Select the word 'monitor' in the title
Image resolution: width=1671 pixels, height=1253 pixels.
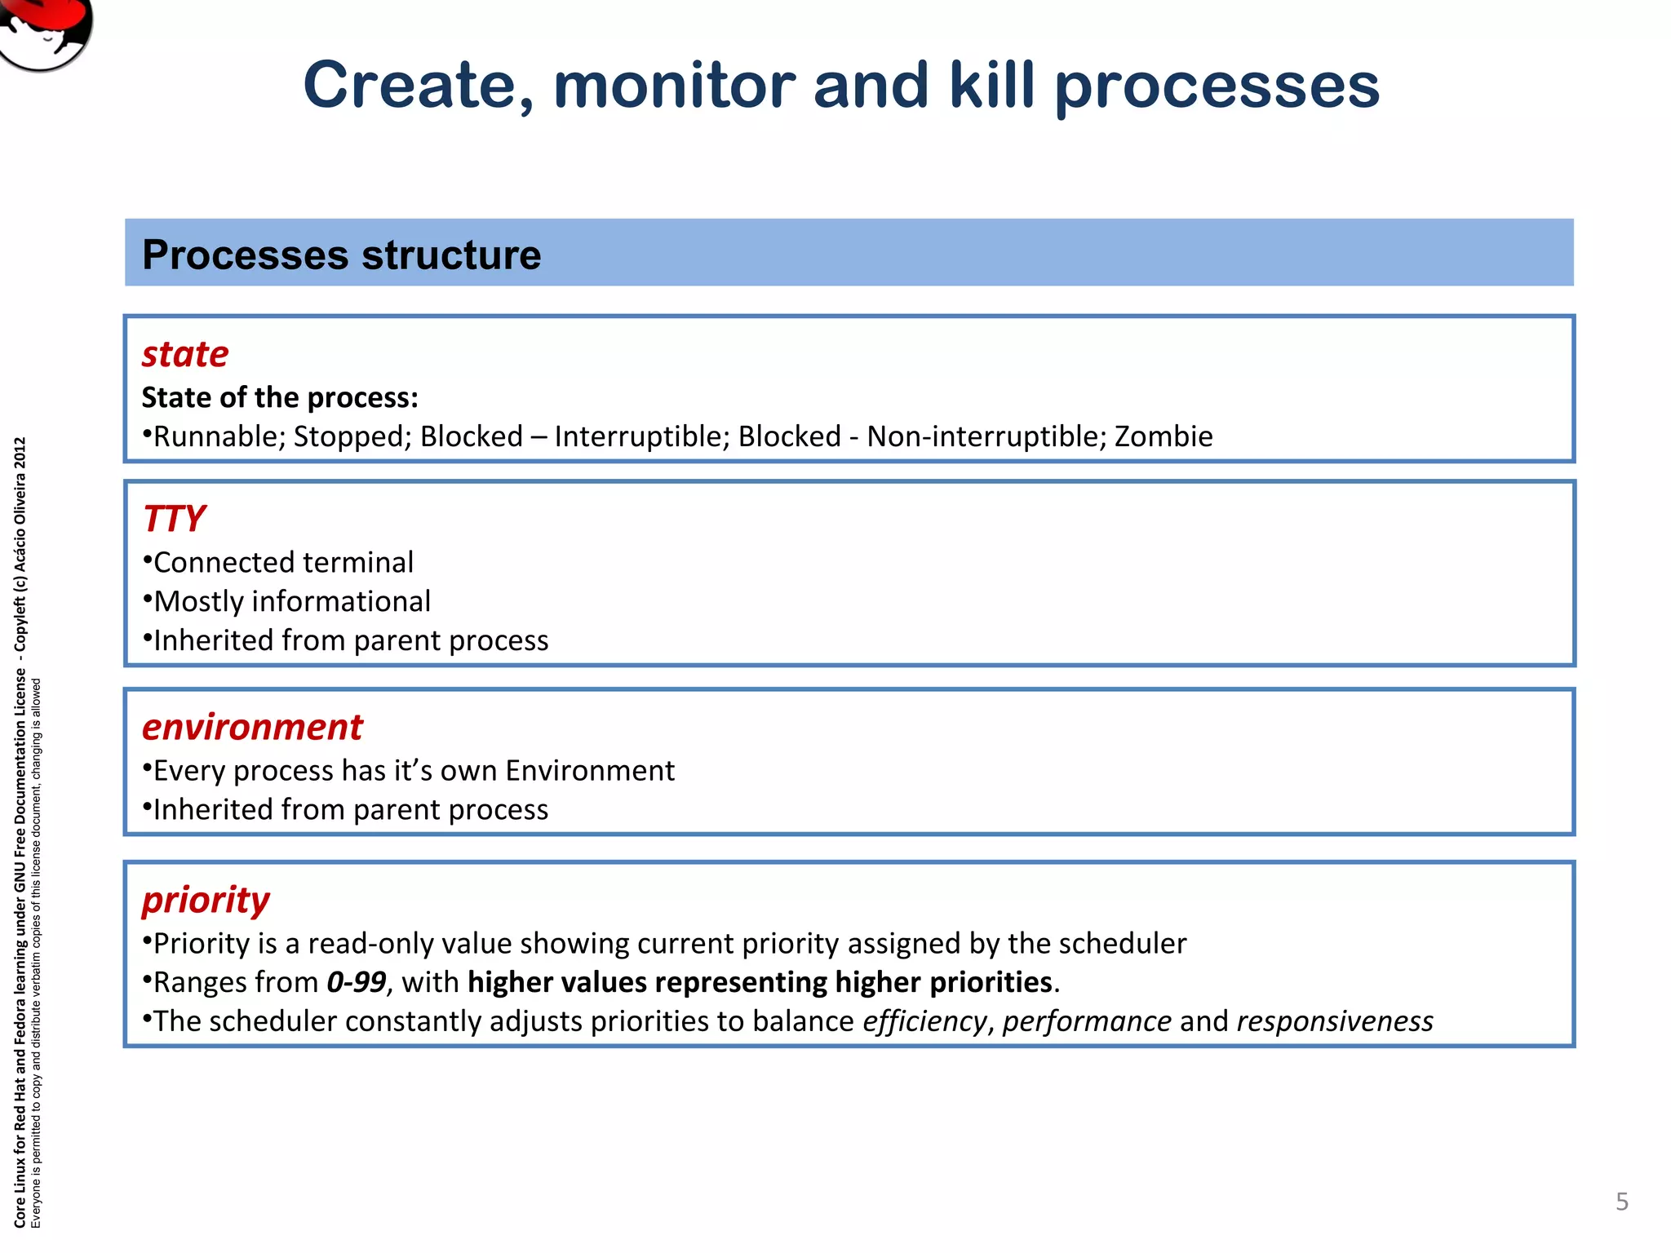(x=674, y=85)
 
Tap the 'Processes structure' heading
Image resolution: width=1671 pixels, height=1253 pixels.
(x=341, y=255)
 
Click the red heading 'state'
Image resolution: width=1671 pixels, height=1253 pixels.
(x=185, y=354)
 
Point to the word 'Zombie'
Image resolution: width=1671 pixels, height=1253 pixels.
(x=1163, y=436)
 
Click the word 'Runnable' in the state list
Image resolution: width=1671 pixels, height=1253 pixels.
(x=219, y=436)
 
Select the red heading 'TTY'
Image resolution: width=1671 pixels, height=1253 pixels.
(x=174, y=519)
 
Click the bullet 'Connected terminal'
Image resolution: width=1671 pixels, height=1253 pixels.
(x=283, y=562)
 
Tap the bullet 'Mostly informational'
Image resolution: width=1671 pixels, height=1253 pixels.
(x=291, y=601)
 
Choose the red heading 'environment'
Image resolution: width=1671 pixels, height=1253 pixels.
(x=252, y=727)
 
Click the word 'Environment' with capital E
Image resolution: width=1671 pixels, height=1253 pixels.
(x=589, y=770)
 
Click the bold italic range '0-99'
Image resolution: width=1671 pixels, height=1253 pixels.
(x=356, y=982)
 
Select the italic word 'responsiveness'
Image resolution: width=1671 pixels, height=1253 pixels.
(x=1334, y=1021)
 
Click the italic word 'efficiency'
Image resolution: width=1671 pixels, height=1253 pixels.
(x=924, y=1021)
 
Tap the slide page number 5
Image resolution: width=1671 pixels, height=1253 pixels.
(x=1621, y=1201)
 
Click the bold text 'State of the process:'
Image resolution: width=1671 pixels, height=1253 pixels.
(x=280, y=397)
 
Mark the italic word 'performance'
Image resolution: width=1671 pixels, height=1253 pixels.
(x=1087, y=1021)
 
